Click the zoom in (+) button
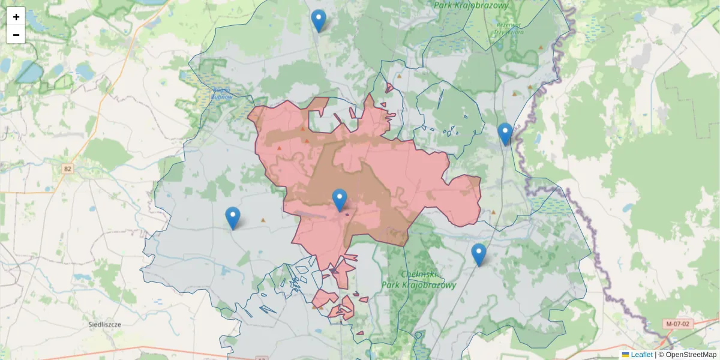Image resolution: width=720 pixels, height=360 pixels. (16, 17)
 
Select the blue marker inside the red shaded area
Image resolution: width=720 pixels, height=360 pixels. (340, 200)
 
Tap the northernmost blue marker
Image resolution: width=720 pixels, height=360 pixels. (319, 20)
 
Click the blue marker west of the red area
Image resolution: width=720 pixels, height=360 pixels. (232, 218)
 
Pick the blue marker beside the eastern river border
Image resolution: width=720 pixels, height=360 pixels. (505, 134)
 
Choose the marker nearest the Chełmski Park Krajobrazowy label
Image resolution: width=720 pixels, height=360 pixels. (478, 254)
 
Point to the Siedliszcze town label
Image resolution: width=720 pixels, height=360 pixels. (104, 324)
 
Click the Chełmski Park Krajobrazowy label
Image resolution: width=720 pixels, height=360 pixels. (419, 280)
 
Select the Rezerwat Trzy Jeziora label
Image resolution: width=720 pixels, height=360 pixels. (509, 28)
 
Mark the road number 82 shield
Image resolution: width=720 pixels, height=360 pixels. (67, 169)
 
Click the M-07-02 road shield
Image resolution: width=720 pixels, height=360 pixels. (678, 324)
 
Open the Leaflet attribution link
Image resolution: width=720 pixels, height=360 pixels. (641, 355)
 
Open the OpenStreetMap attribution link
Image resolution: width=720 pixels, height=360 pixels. (691, 355)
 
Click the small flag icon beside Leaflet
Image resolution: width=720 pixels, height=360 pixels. (625, 355)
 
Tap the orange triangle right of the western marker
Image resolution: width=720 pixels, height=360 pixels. (262, 220)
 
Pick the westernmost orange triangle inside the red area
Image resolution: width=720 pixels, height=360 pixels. (279, 148)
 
